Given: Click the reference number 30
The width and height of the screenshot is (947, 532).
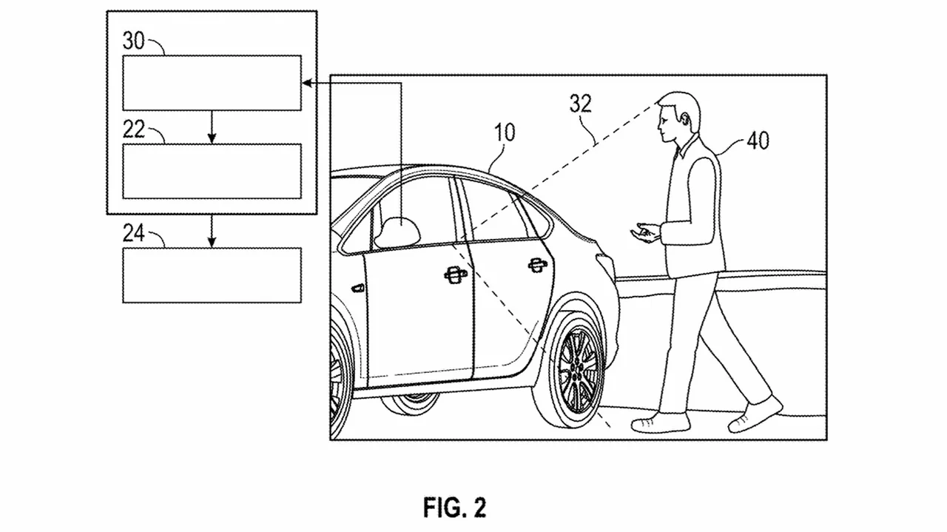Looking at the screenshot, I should tap(133, 41).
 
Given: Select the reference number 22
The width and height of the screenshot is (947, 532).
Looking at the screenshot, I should tap(133, 129).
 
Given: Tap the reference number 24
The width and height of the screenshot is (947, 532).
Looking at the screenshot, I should tap(133, 235).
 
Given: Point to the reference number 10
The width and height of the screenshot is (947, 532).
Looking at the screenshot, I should tap(505, 133).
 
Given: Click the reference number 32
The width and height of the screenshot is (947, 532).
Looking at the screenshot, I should tap(581, 104).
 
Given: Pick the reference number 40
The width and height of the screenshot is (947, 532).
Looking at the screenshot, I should tap(758, 140).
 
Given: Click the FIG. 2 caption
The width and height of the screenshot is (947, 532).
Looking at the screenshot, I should tap(455, 508).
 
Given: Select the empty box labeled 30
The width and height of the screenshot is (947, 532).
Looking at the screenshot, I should tap(212, 82).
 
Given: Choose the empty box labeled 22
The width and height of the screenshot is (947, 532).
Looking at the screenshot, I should tap(212, 171).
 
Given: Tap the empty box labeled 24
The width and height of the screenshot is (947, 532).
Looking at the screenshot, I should tap(212, 275).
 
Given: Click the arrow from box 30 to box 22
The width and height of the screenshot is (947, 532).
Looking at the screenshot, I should tap(212, 127).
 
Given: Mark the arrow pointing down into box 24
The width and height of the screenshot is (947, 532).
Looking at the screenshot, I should tap(212, 231).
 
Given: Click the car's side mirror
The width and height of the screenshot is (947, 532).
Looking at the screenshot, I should tap(397, 232).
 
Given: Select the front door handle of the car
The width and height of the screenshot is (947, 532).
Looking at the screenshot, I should tap(455, 275).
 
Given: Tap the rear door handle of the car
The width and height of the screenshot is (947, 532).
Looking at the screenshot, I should tap(539, 264).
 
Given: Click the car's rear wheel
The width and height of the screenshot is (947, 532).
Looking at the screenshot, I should tap(575, 368).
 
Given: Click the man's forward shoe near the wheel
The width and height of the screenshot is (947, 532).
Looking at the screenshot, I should tap(660, 422).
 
